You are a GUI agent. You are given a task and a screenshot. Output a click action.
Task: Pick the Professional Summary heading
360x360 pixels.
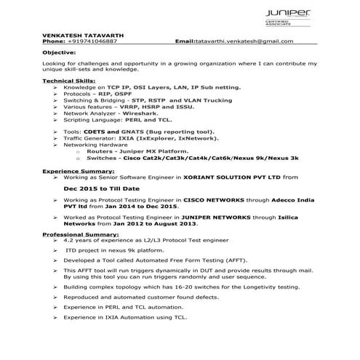pos(79,235)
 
